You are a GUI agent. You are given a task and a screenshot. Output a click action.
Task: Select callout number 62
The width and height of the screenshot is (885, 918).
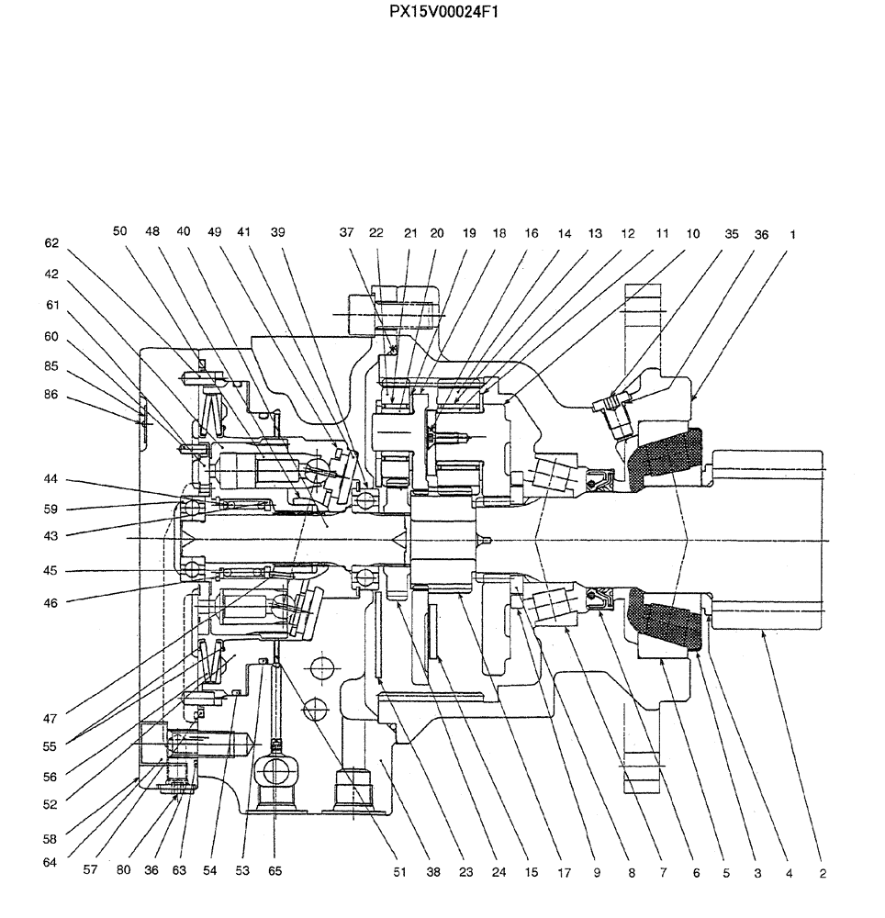tap(51, 244)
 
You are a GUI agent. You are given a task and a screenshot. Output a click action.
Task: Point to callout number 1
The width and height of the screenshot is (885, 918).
tap(792, 234)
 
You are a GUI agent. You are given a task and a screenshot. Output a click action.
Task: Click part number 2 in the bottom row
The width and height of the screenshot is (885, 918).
tap(822, 873)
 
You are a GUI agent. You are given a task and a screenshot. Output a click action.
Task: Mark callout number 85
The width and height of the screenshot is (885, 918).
tap(51, 365)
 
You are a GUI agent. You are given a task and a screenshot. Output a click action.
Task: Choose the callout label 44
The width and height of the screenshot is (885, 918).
tap(51, 480)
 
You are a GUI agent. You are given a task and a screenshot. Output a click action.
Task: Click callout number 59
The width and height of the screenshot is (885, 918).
tap(51, 509)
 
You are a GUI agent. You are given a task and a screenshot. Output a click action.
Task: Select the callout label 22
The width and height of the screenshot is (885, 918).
tap(376, 234)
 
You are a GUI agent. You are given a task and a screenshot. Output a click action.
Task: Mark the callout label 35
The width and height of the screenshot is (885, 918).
tap(731, 234)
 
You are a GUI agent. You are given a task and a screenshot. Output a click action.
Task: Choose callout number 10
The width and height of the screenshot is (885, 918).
tap(692, 234)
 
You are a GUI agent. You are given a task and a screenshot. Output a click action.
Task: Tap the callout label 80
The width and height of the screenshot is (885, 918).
tap(124, 871)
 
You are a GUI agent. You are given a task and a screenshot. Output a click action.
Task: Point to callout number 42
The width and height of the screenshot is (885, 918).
tap(51, 273)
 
